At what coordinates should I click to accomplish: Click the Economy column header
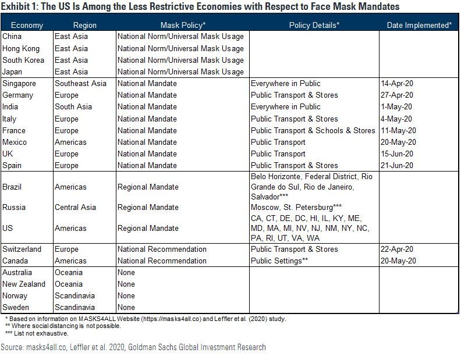click(27, 25)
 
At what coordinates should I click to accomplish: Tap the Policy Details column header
click(314, 25)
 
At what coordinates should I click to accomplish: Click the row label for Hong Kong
click(21, 48)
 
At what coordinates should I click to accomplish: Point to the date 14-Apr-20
click(397, 83)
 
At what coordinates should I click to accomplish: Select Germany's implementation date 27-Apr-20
click(397, 95)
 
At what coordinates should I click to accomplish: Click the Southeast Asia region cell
click(80, 83)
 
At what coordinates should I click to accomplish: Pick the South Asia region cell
click(73, 106)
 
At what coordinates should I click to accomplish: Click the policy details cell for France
click(313, 130)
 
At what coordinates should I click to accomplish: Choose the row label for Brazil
click(12, 187)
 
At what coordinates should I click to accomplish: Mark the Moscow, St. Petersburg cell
click(296, 207)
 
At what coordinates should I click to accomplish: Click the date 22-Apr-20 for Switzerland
click(397, 249)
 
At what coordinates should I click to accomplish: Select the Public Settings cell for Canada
click(279, 261)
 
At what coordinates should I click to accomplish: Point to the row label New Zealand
click(24, 284)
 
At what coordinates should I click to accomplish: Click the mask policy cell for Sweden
click(126, 307)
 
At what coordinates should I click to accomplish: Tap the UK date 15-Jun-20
click(397, 154)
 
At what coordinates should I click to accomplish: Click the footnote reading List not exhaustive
click(38, 333)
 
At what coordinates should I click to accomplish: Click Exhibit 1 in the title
click(20, 7)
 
